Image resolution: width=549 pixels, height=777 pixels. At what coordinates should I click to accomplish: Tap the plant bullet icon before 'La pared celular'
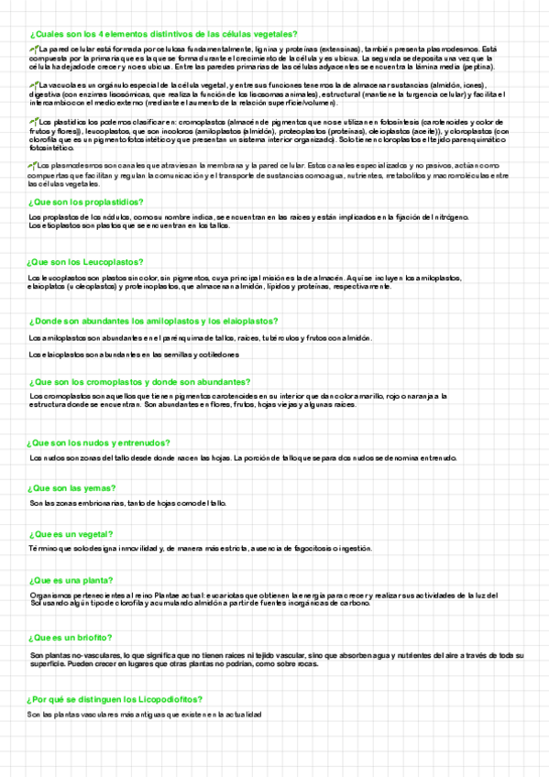tap(34, 48)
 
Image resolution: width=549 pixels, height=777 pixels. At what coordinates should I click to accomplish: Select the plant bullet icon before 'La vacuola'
tap(34, 83)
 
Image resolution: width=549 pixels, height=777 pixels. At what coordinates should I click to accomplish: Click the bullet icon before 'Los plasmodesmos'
tap(34, 165)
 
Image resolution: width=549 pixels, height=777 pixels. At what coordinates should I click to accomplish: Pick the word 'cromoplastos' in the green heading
tap(118, 381)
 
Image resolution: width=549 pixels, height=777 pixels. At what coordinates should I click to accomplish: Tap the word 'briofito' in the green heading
tap(95, 637)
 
